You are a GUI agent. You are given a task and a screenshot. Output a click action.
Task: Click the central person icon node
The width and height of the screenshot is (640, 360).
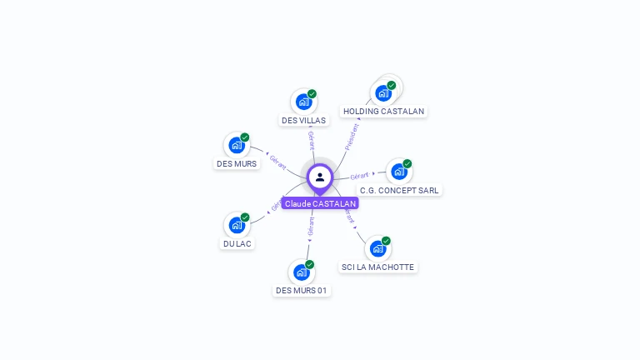320,177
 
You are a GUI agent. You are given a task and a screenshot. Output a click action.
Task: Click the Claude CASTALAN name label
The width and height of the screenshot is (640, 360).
320,203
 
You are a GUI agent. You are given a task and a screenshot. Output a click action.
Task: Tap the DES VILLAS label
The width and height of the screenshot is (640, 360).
303,120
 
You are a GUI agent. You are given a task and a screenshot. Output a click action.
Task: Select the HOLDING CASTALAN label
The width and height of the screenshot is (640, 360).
383,111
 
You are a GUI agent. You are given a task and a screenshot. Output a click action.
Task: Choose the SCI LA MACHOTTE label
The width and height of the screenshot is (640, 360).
377,267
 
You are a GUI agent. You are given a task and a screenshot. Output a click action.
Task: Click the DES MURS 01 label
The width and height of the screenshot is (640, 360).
302,291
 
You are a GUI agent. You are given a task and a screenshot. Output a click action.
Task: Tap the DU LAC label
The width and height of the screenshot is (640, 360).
237,243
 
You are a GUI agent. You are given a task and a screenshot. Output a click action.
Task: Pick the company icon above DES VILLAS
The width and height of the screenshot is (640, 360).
303,102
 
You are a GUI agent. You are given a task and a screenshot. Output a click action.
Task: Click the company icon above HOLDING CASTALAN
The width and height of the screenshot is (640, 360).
383,92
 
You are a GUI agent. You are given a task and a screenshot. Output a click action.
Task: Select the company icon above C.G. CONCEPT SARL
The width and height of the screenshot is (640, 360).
398,172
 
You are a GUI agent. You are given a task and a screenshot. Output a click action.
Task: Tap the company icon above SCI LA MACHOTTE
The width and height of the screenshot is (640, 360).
377,248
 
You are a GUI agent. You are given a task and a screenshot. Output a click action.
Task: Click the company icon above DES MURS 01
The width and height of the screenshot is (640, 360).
301,272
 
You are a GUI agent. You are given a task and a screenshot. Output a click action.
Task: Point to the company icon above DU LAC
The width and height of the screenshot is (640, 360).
237,225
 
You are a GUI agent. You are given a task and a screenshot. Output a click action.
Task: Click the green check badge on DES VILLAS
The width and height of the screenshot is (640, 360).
312,94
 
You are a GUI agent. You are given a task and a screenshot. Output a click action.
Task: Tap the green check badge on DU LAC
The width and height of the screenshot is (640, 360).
245,217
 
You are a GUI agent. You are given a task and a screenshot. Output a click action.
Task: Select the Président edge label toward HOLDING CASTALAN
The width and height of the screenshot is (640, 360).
352,137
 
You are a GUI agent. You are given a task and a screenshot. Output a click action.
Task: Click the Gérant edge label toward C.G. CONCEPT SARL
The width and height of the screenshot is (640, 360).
359,176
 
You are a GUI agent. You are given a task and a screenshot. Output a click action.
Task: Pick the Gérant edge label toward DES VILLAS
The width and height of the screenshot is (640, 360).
311,140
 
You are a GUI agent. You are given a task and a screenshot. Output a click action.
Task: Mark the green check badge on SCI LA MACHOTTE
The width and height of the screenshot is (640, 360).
386,241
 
